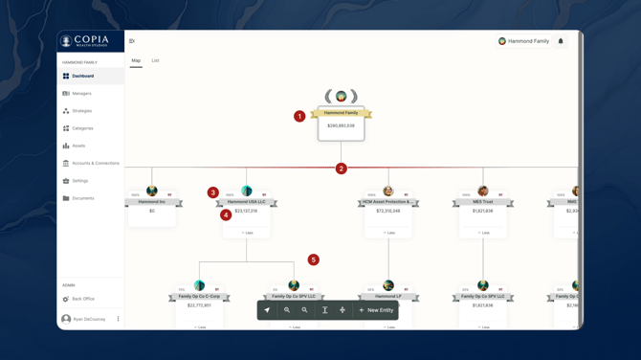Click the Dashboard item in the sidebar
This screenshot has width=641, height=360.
pyautogui.click(x=83, y=76)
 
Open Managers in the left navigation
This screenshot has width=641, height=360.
pyautogui.click(x=81, y=94)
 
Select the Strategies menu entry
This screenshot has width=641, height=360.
pyautogui.click(x=81, y=111)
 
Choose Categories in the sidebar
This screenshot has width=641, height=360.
pyautogui.click(x=82, y=128)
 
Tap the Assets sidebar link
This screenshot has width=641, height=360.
pyautogui.click(x=78, y=146)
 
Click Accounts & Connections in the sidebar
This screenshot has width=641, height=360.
pyautogui.click(x=95, y=164)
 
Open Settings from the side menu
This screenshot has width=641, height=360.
pyautogui.click(x=79, y=181)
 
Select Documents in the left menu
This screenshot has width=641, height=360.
pyautogui.click(x=82, y=198)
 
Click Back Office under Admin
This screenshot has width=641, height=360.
pyautogui.click(x=82, y=299)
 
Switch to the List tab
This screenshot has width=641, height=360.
pyautogui.click(x=155, y=61)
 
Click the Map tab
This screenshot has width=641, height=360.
pyautogui.click(x=136, y=61)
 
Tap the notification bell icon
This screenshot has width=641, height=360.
pyautogui.click(x=561, y=41)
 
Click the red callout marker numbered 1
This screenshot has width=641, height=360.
pyautogui.click(x=299, y=116)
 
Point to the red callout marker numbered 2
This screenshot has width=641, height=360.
pyautogui.click(x=341, y=169)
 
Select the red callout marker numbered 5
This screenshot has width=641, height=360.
pyautogui.click(x=313, y=259)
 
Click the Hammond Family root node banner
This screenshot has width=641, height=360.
pyautogui.click(x=341, y=113)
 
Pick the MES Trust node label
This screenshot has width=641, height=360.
pyautogui.click(x=482, y=202)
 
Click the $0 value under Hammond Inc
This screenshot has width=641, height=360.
pyautogui.click(x=151, y=211)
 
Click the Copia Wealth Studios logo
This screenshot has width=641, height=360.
pyautogui.click(x=85, y=41)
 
